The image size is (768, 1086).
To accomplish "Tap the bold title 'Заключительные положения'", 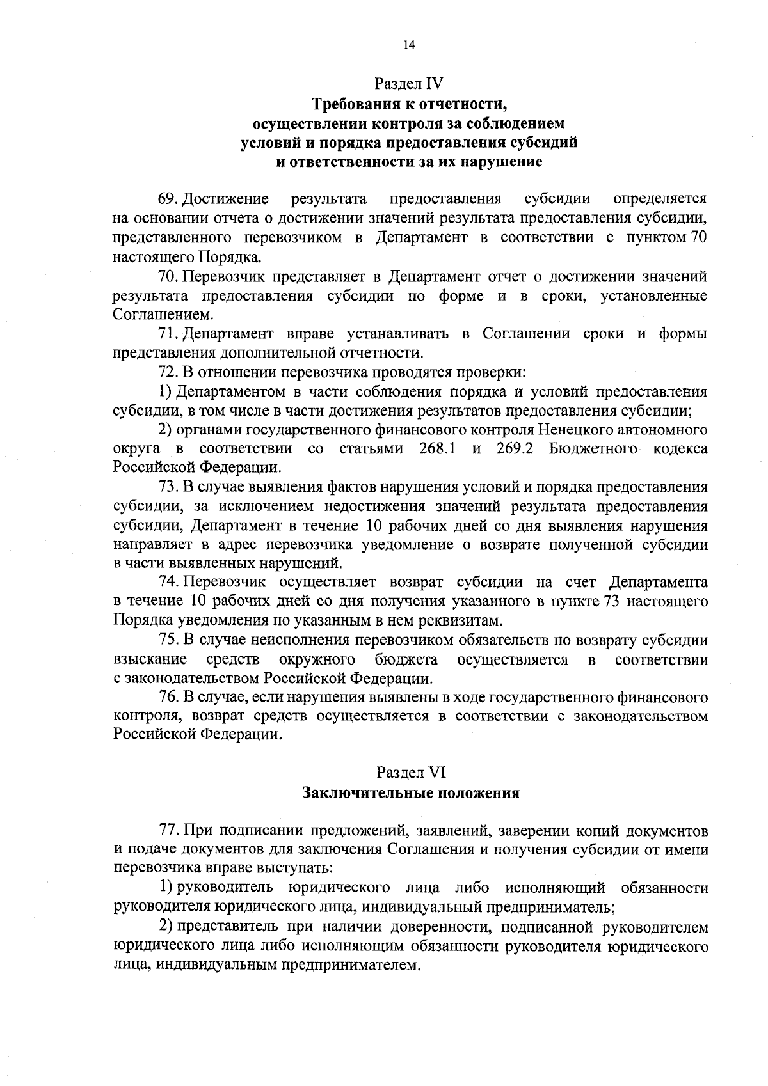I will click(410, 794).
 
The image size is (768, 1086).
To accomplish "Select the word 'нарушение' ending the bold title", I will click(502, 162).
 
